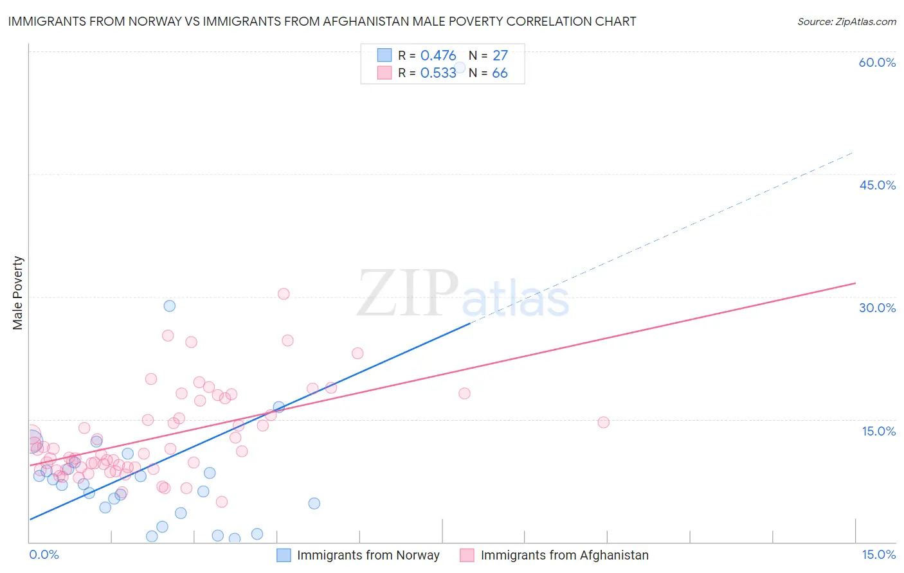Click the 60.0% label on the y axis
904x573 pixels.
pos(877,63)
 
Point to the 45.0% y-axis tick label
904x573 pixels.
pos(877,185)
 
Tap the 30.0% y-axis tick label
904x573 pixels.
pos(877,308)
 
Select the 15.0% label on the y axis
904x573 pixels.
pos(878,431)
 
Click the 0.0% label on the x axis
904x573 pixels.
pos(44,554)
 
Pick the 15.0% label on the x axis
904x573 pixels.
pos(878,554)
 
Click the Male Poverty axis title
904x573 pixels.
pos(18,293)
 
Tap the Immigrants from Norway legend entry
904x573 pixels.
pos(368,555)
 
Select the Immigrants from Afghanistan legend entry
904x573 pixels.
pos(564,555)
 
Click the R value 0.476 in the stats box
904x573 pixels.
pos(438,56)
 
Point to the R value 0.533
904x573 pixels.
pos(438,73)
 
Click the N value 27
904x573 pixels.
pos(500,56)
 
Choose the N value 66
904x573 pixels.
pos(500,73)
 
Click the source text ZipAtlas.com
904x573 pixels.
pos(846,22)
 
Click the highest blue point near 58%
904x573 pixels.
pos(460,67)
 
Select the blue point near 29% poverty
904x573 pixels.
pos(169,306)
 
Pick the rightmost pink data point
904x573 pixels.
pos(603,422)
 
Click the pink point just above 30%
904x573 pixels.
pos(284,294)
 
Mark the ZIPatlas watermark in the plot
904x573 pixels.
pos(463,294)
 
